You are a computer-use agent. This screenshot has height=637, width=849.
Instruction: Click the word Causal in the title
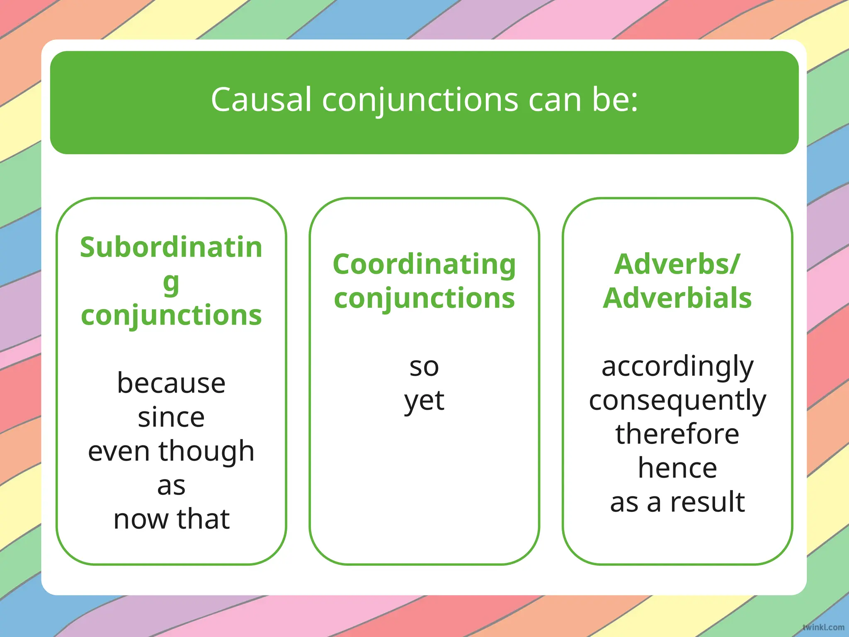[261, 100]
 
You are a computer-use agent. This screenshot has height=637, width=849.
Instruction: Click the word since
[171, 417]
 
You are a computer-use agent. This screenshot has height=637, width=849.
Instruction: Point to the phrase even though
[171, 452]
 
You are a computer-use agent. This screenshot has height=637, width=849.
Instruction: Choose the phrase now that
[171, 519]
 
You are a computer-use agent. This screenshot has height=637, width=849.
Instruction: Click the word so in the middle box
[424, 367]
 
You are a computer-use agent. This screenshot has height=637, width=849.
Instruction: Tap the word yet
[424, 401]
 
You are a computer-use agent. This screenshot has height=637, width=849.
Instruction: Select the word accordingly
[677, 367]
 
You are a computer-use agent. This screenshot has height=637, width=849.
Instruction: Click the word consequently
[677, 401]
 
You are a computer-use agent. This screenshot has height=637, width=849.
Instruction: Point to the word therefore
[677, 434]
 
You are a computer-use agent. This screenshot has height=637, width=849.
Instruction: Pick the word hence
[677, 468]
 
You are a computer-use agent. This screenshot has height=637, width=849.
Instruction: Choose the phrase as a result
[677, 502]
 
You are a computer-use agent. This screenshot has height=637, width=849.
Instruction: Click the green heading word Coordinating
[424, 264]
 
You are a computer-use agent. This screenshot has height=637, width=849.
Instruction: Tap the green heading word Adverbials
[677, 298]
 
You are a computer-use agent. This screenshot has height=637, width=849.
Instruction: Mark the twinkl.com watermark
[823, 627]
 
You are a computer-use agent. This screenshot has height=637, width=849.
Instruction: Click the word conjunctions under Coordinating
[424, 299]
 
